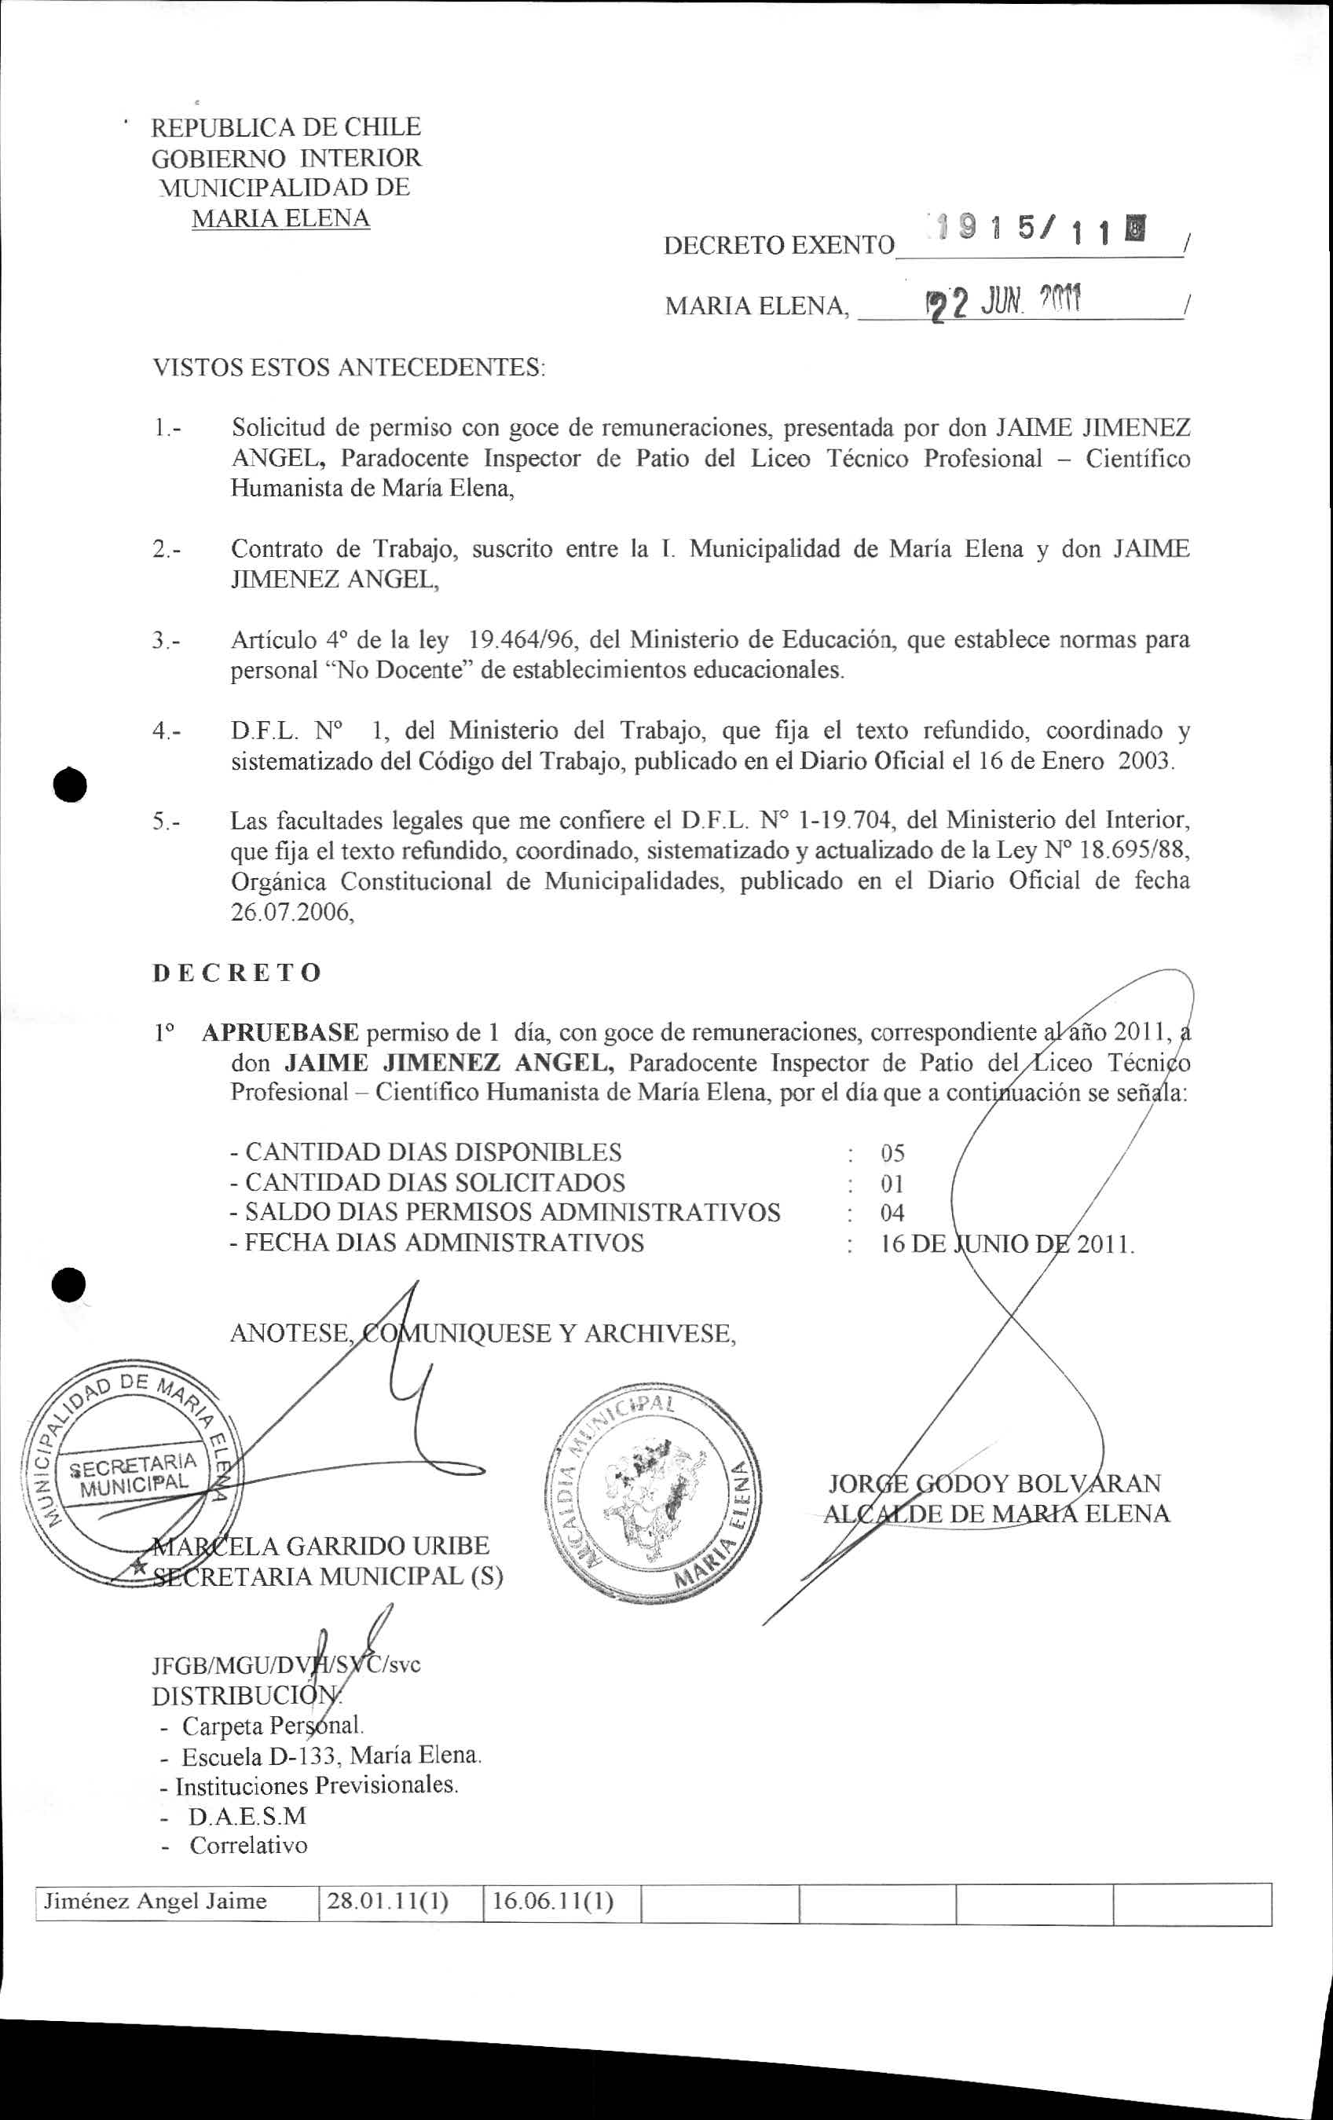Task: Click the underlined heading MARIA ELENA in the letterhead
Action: coord(280,218)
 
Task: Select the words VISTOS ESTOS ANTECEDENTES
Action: coord(349,366)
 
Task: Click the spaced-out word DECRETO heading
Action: coord(237,973)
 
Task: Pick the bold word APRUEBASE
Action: coord(280,1032)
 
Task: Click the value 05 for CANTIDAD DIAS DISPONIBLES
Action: coord(892,1153)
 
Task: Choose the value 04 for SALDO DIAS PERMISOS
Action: coord(892,1214)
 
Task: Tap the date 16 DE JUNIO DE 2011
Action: coord(1006,1244)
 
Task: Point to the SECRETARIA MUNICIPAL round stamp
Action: coord(133,1480)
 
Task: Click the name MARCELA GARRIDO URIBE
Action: coord(320,1546)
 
